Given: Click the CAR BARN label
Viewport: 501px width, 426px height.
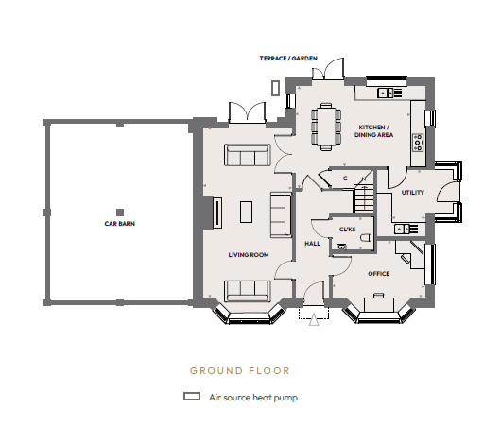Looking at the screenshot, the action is (120, 224).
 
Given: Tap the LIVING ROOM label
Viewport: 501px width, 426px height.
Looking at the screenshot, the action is (249, 255).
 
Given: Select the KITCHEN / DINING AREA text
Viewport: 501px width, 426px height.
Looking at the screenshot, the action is (373, 131).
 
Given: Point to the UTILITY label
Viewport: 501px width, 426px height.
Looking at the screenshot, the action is (413, 193).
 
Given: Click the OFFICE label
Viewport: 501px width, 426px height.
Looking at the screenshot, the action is (379, 274).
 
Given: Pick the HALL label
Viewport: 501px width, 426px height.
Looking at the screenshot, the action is (313, 244).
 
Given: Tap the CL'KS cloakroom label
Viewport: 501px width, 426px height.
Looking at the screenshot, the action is (347, 230).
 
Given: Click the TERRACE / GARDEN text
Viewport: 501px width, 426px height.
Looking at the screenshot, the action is (288, 59).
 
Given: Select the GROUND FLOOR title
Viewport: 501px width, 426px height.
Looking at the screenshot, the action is (240, 371).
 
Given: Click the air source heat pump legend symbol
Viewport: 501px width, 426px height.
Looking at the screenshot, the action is (192, 397).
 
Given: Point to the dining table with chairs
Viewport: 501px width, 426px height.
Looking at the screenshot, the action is (326, 127).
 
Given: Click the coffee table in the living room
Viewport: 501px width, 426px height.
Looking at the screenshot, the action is (246, 212).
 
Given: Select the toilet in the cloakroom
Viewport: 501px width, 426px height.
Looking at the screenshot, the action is (365, 238).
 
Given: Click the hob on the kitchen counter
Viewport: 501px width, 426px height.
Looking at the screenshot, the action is (418, 143).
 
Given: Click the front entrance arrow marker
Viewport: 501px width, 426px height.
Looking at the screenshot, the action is (314, 319).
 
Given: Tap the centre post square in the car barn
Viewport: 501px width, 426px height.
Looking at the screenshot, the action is (120, 213).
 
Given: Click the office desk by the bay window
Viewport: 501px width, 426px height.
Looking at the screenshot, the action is (379, 303).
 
